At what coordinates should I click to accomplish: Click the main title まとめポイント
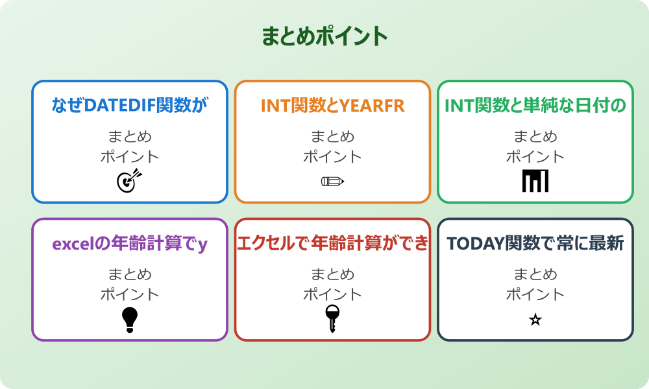(324, 36)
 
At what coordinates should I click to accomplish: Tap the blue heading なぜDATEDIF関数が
(130, 106)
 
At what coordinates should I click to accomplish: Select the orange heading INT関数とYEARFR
(332, 106)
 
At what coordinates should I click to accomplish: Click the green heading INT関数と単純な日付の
(535, 106)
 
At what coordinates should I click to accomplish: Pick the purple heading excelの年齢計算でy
(130, 244)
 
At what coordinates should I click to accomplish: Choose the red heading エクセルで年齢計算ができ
(332, 244)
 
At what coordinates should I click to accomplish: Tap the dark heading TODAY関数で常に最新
(535, 244)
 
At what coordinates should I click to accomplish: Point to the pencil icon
(332, 181)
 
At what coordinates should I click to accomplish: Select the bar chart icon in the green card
(535, 181)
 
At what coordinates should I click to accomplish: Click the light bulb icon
(130, 320)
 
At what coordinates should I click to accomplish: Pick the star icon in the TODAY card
(535, 320)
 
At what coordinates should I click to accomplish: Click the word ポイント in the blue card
(130, 156)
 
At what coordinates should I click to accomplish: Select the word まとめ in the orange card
(332, 137)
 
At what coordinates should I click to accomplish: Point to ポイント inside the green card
(535, 156)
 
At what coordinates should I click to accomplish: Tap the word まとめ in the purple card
(130, 275)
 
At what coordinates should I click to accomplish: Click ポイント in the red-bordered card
(332, 294)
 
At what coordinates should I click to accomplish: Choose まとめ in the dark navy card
(535, 275)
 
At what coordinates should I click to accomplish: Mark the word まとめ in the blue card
(130, 137)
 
